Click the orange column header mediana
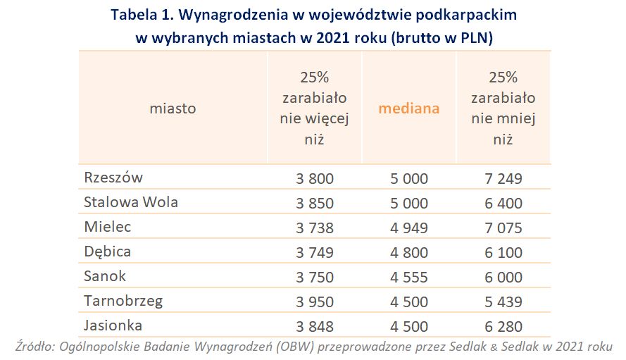click(408, 108)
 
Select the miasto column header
click(173, 108)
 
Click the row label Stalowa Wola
click(130, 202)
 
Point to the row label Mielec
click(107, 227)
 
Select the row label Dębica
click(107, 252)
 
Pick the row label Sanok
click(105, 276)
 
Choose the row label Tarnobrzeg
click(123, 301)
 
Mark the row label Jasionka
click(113, 325)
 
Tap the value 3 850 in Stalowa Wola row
click(314, 204)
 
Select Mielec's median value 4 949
click(408, 228)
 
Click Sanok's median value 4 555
click(408, 278)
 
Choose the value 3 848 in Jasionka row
click(314, 327)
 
